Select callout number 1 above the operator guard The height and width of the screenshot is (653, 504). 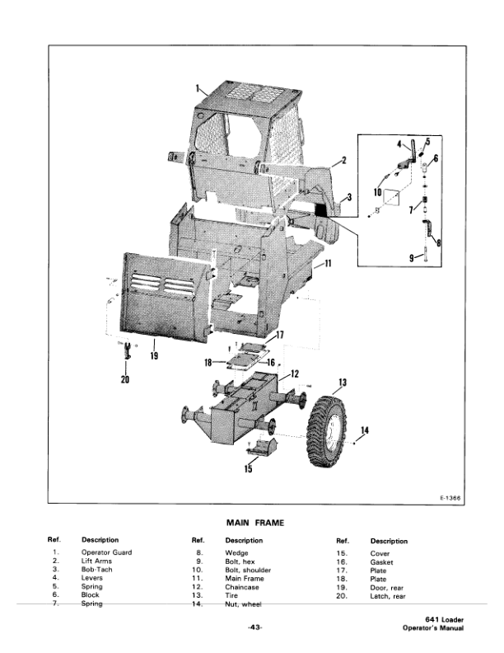pos(198,87)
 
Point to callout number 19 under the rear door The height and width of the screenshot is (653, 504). pos(154,355)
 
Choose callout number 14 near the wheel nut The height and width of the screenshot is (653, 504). pos(365,430)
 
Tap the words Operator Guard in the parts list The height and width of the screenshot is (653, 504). pos(106,552)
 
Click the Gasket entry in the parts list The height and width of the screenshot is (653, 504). pos(381,561)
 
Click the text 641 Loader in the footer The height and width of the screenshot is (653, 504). pos(446,621)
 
